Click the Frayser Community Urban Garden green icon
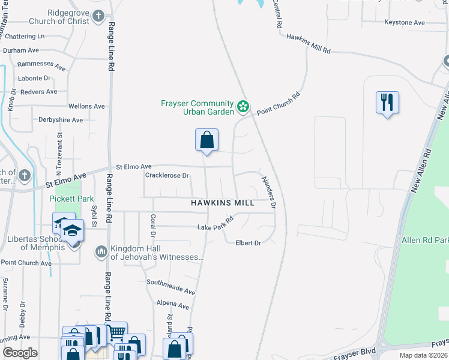[243, 107]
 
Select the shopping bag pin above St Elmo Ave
[206, 140]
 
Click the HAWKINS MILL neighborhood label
[223, 203]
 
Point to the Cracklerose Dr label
[167, 176]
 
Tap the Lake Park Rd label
[215, 227]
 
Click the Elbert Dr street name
[249, 243]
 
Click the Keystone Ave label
[405, 23]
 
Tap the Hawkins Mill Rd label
[309, 44]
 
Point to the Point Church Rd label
[278, 103]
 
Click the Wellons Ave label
[86, 106]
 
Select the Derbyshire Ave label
[61, 120]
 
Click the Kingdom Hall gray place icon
[101, 250]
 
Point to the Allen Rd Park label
[425, 241]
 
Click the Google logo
[20, 353]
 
